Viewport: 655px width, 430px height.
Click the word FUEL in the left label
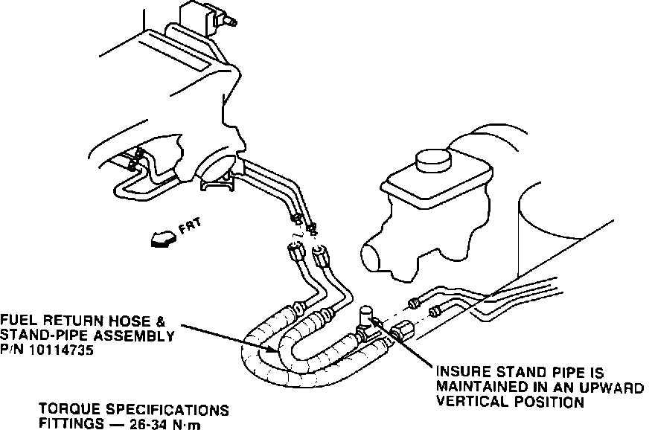coord(19,322)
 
